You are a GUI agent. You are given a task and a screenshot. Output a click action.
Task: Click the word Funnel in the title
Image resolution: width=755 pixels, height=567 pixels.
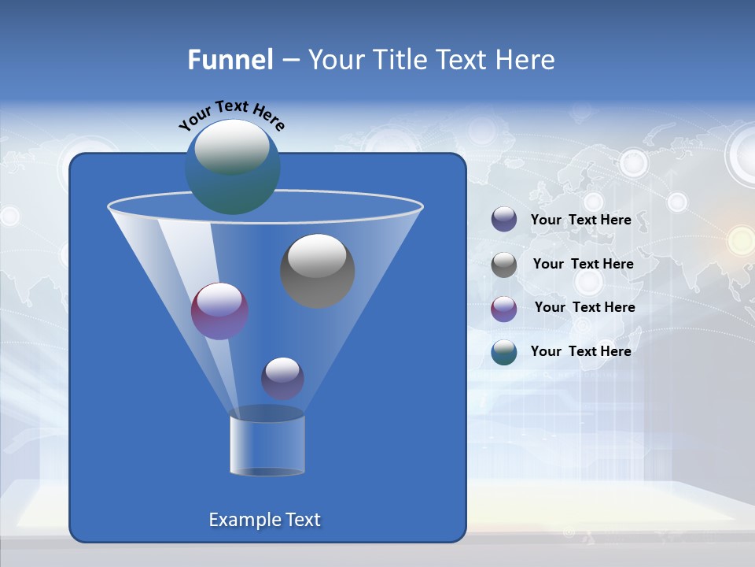coord(230,60)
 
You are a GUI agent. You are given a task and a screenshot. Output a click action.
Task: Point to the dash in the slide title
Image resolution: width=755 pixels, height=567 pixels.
coord(289,61)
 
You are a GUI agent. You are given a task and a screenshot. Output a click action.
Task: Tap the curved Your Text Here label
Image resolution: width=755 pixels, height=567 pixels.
coord(231,115)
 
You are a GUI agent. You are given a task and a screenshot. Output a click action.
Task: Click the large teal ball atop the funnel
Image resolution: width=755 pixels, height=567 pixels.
coord(232,166)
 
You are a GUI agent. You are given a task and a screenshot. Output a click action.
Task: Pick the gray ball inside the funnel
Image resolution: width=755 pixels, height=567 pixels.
coord(317,271)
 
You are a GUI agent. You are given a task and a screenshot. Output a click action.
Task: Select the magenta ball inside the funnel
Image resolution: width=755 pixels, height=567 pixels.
coord(219,311)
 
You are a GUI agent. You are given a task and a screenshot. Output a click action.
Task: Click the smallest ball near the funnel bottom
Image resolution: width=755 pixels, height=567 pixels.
coord(282,378)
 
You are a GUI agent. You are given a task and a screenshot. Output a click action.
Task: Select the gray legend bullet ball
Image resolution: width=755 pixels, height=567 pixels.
coord(504,265)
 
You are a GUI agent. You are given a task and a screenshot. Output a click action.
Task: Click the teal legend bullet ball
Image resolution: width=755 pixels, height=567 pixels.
coord(504,352)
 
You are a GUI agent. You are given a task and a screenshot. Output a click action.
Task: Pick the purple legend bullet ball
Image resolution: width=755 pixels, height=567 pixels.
coord(504,309)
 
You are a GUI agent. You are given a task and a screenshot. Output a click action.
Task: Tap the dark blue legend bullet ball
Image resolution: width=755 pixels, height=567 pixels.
coord(504,220)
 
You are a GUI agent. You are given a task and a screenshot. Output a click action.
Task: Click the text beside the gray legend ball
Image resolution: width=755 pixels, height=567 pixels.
coord(583,264)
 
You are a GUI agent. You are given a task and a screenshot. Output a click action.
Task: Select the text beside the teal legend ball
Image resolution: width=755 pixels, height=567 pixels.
coord(580,351)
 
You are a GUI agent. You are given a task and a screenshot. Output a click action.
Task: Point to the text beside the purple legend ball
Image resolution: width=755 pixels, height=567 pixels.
coord(584,307)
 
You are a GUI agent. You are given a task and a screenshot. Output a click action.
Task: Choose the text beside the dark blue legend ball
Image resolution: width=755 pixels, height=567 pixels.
coord(580,220)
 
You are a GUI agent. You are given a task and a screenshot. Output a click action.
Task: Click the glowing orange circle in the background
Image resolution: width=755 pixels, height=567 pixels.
coord(741,239)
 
